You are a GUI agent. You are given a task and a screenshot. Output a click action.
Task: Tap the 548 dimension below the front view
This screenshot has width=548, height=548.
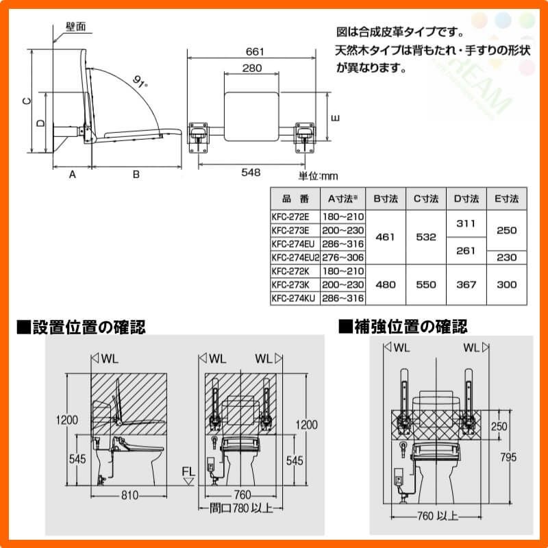tap(251, 173)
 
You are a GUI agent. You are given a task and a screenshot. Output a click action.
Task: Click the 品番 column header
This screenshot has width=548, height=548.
tap(296, 199)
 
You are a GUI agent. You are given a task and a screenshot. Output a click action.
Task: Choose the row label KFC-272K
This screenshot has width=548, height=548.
tap(292, 271)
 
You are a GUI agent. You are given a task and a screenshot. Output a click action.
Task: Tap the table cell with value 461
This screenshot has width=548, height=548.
tap(386, 237)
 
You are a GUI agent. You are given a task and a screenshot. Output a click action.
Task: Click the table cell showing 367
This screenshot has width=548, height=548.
tap(465, 284)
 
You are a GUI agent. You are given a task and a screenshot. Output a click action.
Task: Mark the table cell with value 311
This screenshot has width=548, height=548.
tap(465, 223)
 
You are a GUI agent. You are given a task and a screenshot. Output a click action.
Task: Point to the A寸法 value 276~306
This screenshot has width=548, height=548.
tap(343, 258)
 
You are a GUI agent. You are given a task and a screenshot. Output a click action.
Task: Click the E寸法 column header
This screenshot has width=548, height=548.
tap(506, 199)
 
